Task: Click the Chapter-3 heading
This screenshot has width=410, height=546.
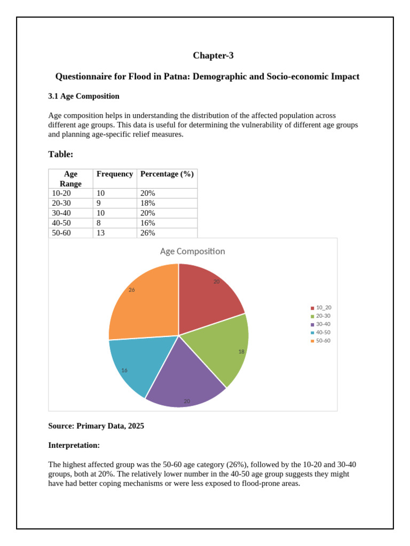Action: [213, 55]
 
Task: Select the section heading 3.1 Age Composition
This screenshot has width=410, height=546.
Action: [84, 96]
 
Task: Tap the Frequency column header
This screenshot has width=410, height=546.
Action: [115, 174]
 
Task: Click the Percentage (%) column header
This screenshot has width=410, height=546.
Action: [167, 174]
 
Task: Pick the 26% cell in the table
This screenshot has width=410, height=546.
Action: [148, 233]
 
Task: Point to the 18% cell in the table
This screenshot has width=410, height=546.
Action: [148, 203]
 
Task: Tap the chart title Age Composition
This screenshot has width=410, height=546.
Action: [193, 251]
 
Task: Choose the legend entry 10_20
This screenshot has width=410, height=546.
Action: [323, 308]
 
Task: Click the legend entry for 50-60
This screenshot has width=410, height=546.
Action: [323, 340]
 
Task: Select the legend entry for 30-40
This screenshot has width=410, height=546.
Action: [323, 324]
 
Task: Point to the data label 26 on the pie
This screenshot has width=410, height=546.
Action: [132, 290]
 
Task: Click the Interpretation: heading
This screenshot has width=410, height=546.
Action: [74, 445]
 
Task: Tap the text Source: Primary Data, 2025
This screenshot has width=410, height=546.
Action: [96, 426]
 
